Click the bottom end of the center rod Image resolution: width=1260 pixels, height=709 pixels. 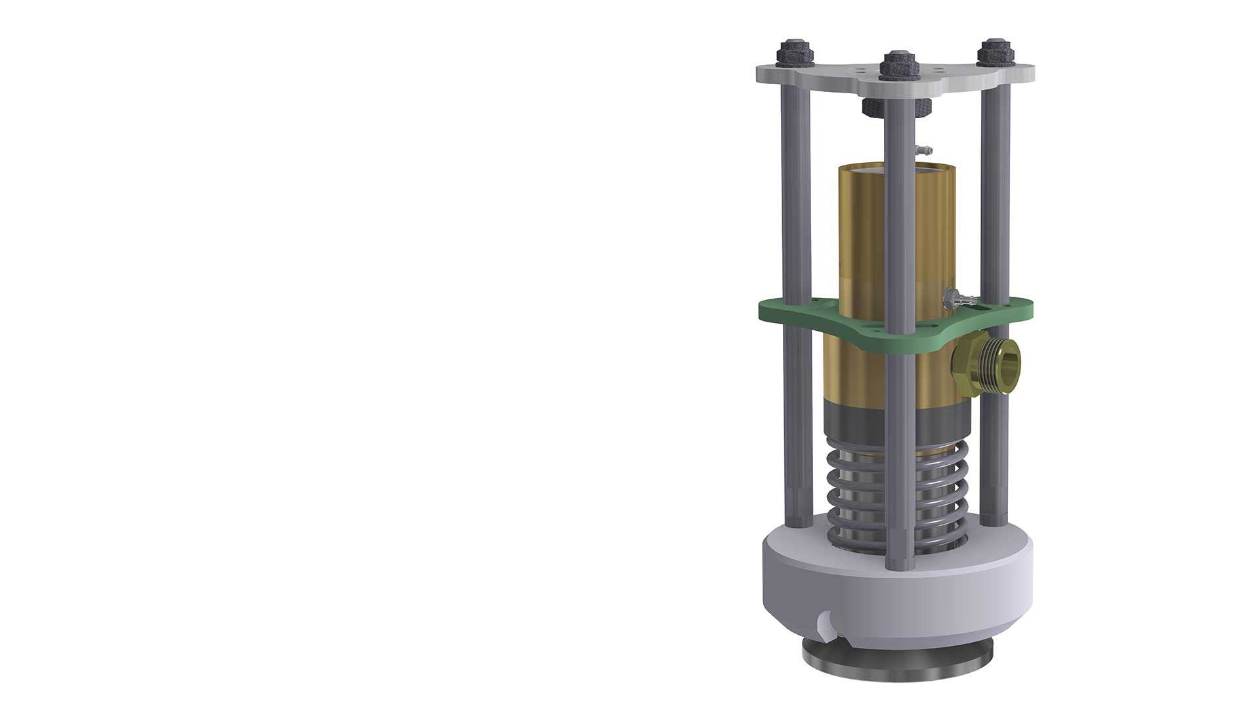[x=898, y=563]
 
